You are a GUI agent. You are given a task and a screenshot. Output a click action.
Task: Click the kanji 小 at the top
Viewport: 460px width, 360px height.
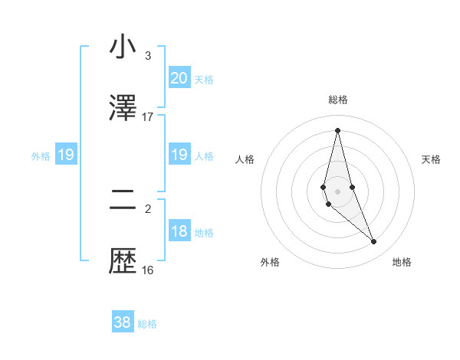coord(123,47)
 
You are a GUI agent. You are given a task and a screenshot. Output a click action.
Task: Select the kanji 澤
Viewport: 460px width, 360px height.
coord(123,109)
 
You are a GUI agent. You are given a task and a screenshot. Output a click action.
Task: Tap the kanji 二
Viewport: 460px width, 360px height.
coord(123,201)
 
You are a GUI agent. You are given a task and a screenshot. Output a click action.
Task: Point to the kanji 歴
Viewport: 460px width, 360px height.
coord(123,262)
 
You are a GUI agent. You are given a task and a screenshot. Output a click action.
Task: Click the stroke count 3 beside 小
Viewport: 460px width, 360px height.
coord(148,56)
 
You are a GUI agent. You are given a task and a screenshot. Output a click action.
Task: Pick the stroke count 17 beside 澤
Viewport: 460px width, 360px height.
coord(148,117)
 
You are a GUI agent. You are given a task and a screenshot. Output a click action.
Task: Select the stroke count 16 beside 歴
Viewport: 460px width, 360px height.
coord(148,270)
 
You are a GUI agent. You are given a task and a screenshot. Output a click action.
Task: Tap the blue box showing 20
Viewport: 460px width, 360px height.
coord(179,77)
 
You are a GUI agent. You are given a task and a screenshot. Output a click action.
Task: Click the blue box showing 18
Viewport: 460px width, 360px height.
coord(179,232)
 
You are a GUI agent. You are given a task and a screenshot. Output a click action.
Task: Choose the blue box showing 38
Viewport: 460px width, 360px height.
coord(123,322)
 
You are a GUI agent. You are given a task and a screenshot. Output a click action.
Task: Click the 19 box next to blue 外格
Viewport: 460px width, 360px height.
coord(66,155)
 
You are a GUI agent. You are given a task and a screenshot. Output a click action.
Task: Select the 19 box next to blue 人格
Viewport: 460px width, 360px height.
coord(179,155)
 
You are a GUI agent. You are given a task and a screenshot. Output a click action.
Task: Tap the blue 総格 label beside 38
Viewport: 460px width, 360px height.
coord(147,324)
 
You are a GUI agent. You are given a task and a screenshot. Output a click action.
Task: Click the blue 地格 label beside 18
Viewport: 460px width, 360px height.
coord(205,233)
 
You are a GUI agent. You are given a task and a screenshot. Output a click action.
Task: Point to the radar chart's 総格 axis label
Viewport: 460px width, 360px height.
coord(338,100)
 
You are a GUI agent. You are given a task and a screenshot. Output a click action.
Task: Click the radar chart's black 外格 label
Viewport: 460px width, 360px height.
coord(270,262)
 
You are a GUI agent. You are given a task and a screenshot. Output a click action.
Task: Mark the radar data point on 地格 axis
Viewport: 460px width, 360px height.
coord(374,242)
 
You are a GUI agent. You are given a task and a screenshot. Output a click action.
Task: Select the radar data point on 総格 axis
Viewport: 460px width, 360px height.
coord(338,130)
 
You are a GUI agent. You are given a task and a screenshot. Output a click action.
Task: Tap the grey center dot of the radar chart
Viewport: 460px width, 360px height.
coord(338,191)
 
